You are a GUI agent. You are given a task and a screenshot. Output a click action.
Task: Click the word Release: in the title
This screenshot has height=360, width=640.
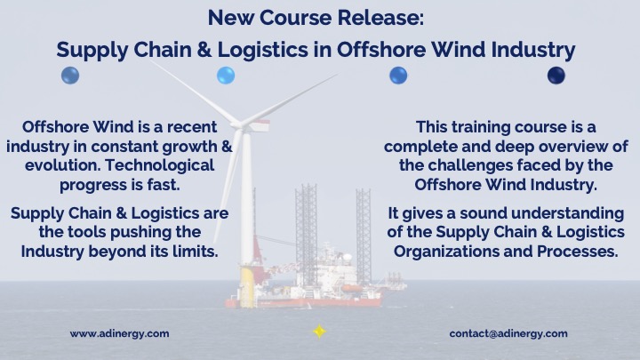point(380,18)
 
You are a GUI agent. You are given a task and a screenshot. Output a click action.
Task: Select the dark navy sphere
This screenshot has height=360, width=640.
point(556,76)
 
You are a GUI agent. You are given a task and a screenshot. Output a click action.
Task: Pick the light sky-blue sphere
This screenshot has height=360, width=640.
point(226,76)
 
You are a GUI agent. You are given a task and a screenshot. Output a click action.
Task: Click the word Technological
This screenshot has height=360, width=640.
point(160,165)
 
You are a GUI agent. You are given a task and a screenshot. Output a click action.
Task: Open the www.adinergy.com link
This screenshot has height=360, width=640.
point(120,334)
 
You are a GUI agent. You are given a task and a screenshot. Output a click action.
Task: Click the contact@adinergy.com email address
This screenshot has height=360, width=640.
point(508,334)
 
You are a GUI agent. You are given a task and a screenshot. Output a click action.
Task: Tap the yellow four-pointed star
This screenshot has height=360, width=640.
point(319,331)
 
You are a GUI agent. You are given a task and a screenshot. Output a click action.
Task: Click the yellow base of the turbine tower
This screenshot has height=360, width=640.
point(247,287)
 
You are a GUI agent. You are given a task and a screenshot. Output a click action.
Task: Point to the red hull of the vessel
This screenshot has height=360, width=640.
point(304,302)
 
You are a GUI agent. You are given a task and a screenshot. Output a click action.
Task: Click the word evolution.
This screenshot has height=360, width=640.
point(62,165)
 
